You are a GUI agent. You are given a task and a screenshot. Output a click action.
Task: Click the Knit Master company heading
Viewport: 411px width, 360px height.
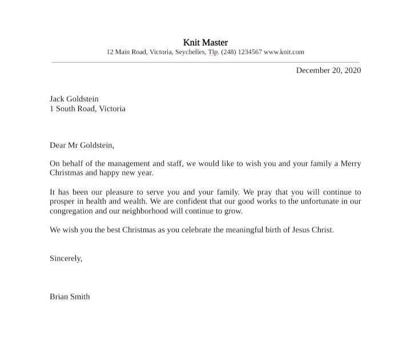click(205, 42)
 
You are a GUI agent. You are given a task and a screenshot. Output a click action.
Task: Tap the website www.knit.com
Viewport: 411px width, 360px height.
click(284, 52)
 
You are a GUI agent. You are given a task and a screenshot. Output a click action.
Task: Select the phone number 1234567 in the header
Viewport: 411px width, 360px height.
click(249, 52)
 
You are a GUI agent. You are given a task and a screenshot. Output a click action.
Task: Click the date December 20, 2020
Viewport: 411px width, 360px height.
click(328, 70)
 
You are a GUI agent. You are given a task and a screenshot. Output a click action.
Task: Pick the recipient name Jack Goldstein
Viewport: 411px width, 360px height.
click(74, 99)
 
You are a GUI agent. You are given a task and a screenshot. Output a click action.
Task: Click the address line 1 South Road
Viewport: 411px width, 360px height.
click(87, 109)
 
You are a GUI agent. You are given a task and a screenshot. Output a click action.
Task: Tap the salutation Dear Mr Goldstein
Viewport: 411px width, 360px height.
click(82, 145)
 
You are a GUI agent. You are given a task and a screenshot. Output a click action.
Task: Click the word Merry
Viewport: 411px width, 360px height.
click(350, 163)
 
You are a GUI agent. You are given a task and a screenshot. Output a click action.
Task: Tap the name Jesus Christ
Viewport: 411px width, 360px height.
click(312, 230)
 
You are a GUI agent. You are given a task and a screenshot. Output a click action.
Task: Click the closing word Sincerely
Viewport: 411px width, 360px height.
click(66, 258)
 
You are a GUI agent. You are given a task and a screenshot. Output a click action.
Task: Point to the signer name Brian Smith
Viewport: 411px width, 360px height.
click(70, 297)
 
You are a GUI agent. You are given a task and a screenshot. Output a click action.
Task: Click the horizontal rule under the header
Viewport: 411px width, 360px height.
click(205, 61)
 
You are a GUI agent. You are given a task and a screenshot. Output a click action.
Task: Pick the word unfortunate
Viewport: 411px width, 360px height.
click(316, 201)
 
